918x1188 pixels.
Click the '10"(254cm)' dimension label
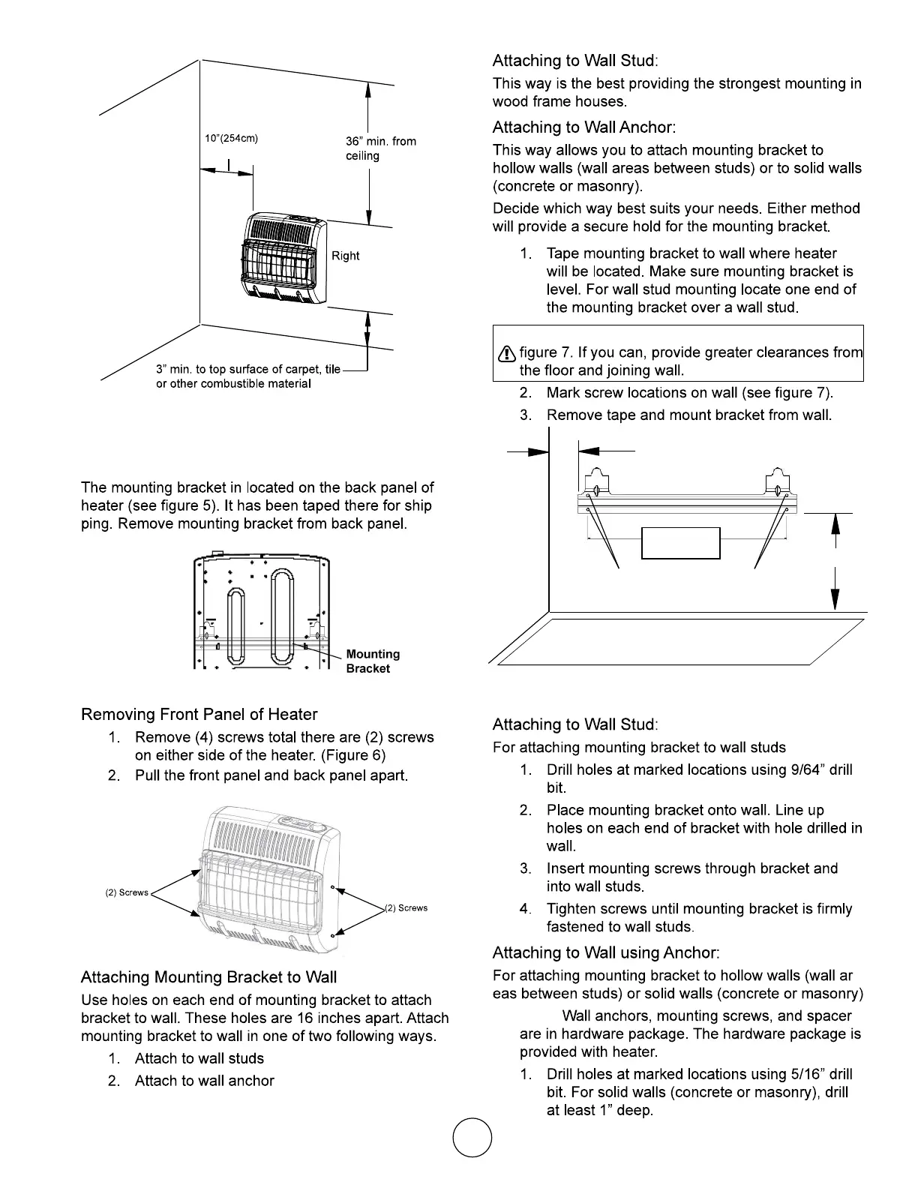[232, 139]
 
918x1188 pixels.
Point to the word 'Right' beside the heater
[346, 256]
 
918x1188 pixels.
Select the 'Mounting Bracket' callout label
[373, 661]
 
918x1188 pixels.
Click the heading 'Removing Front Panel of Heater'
[199, 715]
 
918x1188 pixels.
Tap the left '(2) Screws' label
[127, 892]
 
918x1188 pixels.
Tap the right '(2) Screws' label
[406, 908]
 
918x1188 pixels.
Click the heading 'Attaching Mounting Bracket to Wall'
[208, 977]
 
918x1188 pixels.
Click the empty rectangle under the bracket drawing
[681, 543]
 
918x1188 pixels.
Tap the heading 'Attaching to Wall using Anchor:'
[606, 953]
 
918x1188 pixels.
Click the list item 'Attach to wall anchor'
[204, 1081]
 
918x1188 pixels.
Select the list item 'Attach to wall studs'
[199, 1059]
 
